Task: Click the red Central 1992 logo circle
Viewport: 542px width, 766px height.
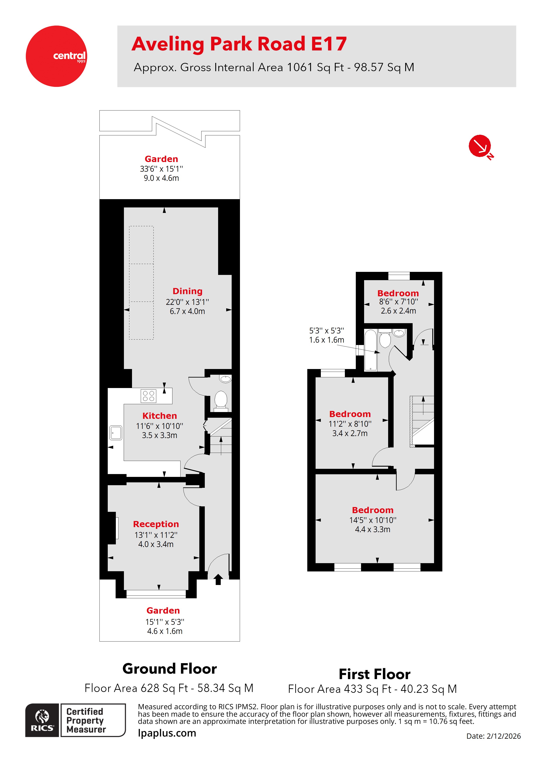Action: point(56,56)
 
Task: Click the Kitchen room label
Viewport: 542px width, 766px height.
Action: point(160,416)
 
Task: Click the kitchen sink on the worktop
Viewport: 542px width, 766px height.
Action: point(116,433)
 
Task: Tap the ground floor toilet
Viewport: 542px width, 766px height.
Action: point(221,399)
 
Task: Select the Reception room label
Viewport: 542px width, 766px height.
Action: point(156,524)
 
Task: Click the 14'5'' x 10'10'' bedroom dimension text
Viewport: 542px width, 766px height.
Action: point(373,520)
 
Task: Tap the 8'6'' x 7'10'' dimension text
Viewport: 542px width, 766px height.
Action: point(398,302)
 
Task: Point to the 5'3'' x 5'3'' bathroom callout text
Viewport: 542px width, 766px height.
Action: point(326,331)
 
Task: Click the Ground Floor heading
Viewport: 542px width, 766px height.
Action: point(170,669)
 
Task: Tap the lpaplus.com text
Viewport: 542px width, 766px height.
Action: point(167,733)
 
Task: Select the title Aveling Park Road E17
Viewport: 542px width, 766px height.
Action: point(239,44)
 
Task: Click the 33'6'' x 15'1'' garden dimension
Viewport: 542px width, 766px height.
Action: point(161,169)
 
